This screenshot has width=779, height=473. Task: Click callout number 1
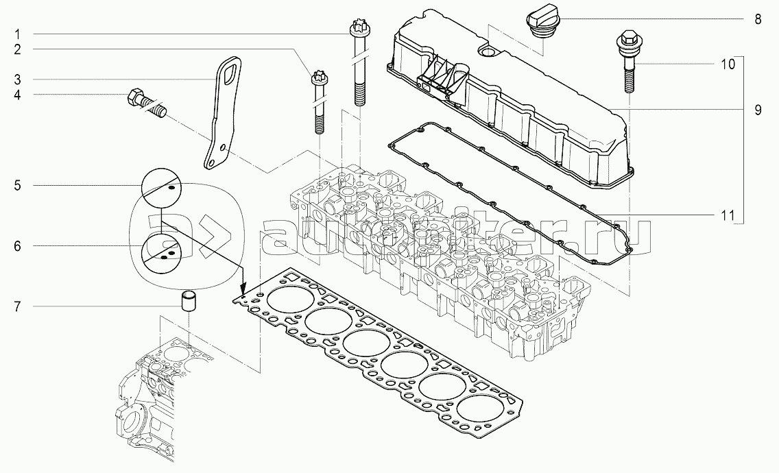tap(17, 34)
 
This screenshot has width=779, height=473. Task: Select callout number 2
tap(17, 49)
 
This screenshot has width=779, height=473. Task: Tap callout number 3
tap(17, 80)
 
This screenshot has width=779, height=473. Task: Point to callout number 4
tap(17, 95)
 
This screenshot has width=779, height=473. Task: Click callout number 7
tap(17, 306)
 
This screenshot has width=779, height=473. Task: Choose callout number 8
tap(758, 19)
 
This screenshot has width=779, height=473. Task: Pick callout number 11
tap(728, 216)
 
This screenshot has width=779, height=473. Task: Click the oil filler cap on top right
tap(542, 25)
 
